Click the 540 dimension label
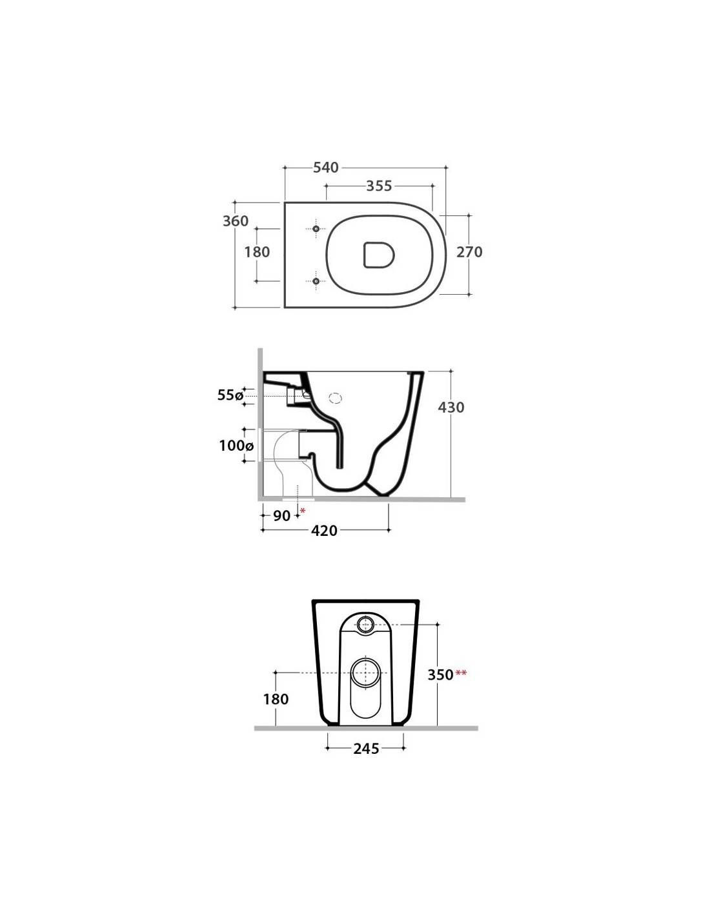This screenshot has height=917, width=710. [326, 168]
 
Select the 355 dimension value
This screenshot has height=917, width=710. [379, 186]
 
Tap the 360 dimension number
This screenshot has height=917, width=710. [236, 221]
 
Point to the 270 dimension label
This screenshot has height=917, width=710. [469, 252]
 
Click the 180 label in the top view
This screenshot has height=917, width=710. [257, 252]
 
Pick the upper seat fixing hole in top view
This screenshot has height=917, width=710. [316, 229]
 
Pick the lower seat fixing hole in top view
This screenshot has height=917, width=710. [316, 281]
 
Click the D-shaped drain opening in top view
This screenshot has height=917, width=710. [378, 255]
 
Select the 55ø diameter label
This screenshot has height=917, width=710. [230, 395]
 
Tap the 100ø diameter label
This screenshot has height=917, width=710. [236, 445]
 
